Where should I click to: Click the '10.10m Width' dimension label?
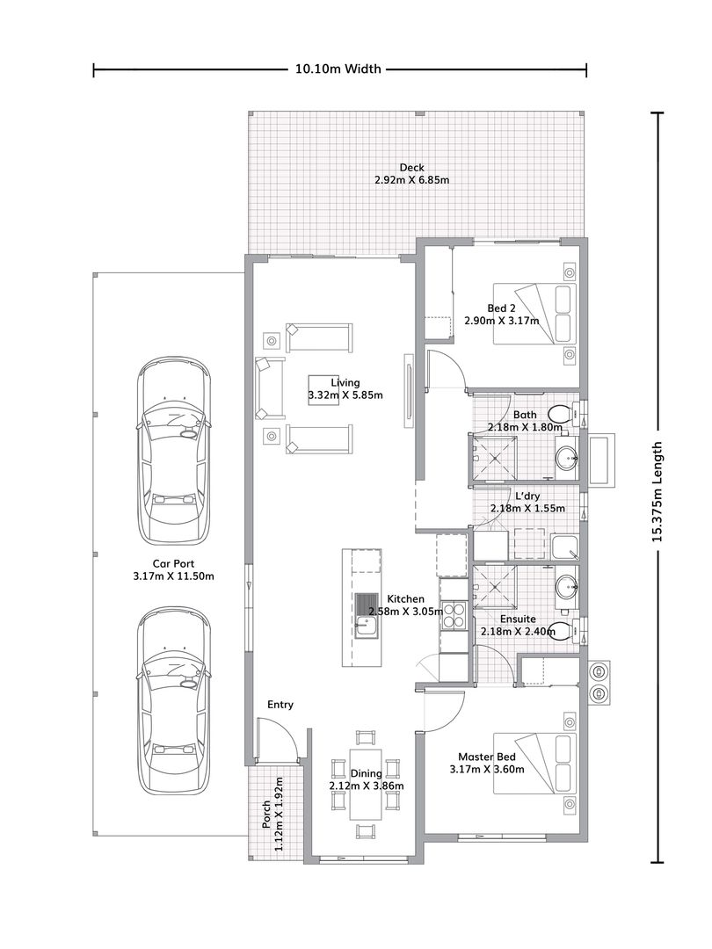pyautogui.click(x=338, y=69)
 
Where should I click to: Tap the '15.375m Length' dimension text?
pyautogui.click(x=657, y=491)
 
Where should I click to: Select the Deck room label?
pyautogui.click(x=411, y=168)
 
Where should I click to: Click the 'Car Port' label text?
pyautogui.click(x=173, y=564)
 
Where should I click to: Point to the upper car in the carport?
pyautogui.click(x=174, y=450)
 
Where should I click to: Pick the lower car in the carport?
pyautogui.click(x=174, y=701)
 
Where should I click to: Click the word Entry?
pyautogui.click(x=280, y=705)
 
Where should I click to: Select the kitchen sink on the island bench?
pyautogui.click(x=366, y=615)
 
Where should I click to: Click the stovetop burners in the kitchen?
pyautogui.click(x=454, y=615)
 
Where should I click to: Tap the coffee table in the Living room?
pyautogui.click(x=323, y=390)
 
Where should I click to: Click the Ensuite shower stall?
pyautogui.click(x=495, y=586)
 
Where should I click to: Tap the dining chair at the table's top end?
pyautogui.click(x=366, y=738)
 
